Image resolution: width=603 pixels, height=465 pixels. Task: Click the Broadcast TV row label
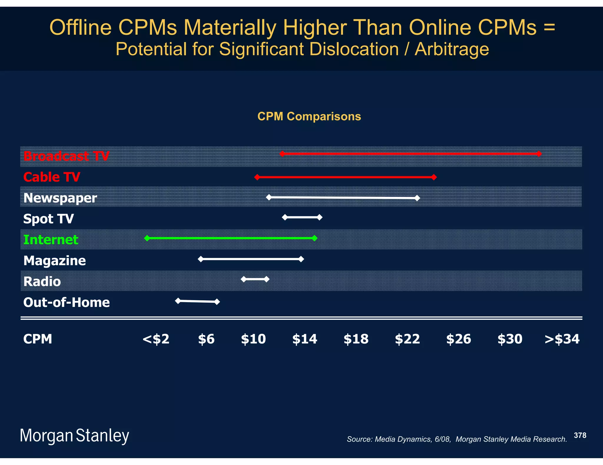click(x=66, y=156)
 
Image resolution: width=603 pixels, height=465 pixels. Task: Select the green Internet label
click(x=51, y=240)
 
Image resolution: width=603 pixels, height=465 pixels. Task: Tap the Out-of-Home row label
click(x=67, y=302)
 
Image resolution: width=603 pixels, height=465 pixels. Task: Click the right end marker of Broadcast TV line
click(x=539, y=154)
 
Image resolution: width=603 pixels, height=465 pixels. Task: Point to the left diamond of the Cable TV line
click(x=257, y=177)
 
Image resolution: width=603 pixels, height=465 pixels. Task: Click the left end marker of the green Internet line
click(x=147, y=238)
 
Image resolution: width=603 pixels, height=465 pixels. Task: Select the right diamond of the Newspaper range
click(x=417, y=198)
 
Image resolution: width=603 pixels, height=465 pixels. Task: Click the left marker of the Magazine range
click(x=201, y=259)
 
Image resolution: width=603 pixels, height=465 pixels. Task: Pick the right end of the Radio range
click(x=266, y=279)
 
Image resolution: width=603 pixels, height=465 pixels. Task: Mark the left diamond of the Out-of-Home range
click(x=178, y=301)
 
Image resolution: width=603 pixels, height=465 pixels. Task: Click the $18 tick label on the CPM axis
click(x=356, y=339)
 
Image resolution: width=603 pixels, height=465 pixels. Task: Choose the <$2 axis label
click(x=156, y=339)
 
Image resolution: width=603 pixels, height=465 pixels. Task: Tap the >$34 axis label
click(x=562, y=339)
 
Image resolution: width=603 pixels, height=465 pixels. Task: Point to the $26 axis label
click(x=458, y=339)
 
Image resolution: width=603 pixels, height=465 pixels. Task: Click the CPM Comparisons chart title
click(x=309, y=116)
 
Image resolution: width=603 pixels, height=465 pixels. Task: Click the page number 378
click(x=580, y=435)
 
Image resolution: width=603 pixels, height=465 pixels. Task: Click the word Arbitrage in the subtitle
click(x=452, y=49)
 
